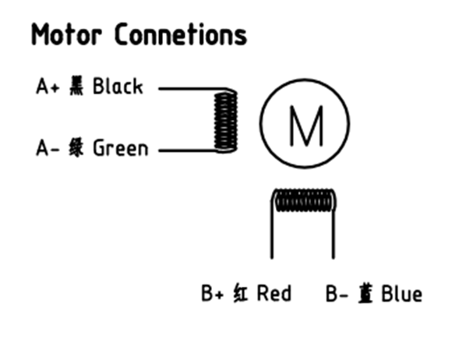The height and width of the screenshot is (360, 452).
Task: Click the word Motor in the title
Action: (x=66, y=34)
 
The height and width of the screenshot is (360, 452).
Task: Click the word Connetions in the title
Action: (x=181, y=34)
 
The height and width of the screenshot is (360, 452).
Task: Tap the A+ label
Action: (x=48, y=86)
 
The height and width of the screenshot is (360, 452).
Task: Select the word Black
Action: (x=118, y=86)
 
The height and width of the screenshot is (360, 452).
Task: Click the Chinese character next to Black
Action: (x=76, y=86)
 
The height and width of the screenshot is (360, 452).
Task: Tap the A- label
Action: (x=48, y=148)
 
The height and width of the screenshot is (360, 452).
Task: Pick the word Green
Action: (x=121, y=148)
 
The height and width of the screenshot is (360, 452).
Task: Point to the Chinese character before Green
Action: (x=76, y=147)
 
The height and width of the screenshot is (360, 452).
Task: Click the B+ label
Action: (x=213, y=293)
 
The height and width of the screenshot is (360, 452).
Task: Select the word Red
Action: (x=274, y=293)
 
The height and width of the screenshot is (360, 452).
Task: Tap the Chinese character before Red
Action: (x=240, y=293)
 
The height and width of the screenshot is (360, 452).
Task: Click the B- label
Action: (x=337, y=294)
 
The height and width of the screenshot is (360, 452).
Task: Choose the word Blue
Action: (x=402, y=294)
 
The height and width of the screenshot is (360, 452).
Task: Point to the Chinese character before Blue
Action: (x=365, y=293)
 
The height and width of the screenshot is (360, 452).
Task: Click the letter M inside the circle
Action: (x=305, y=125)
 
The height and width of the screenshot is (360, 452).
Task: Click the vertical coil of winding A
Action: (x=226, y=121)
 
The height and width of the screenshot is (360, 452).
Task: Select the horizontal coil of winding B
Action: (x=304, y=200)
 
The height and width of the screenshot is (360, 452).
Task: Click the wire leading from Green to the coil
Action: (x=188, y=150)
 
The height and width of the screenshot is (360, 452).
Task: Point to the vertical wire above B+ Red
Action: (x=271, y=228)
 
